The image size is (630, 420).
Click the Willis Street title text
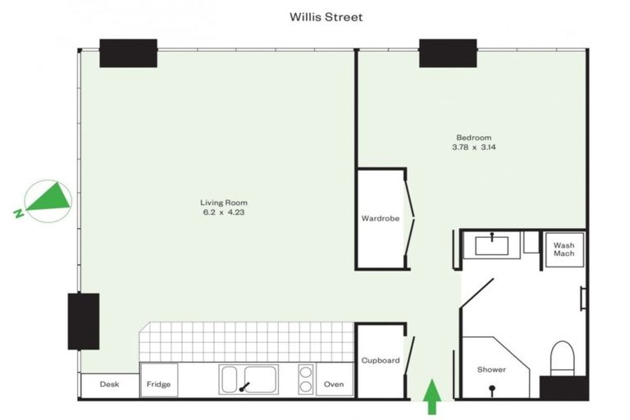(326, 16)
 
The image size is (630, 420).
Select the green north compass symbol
(48, 199)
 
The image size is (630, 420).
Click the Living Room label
(223, 203)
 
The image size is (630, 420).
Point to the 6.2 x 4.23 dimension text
(223, 212)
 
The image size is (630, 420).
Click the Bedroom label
(473, 137)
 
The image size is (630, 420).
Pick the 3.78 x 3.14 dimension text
(473, 148)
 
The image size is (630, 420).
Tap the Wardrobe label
(380, 219)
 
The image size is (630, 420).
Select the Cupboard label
(380, 360)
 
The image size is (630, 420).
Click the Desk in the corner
(109, 384)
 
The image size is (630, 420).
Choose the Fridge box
(157, 384)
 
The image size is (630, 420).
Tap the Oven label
(334, 384)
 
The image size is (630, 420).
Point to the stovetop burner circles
(305, 380)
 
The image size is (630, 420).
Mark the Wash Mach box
(564, 249)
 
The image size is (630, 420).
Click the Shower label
(491, 370)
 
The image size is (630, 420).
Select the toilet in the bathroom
(564, 358)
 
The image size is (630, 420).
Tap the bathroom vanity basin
(491, 244)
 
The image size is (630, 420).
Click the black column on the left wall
(83, 321)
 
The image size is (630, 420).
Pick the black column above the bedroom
(447, 53)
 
